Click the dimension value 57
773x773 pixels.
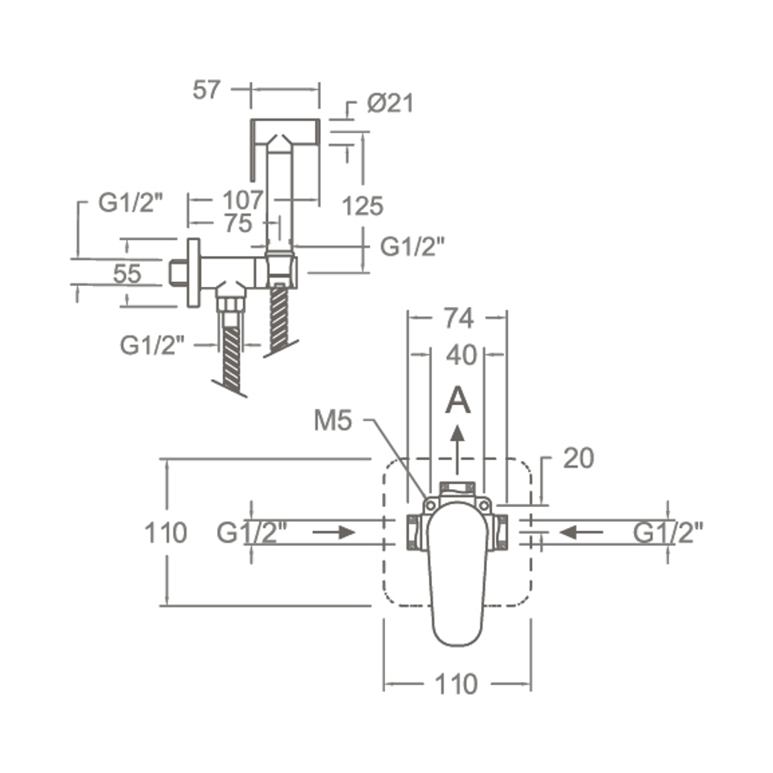tap(206, 90)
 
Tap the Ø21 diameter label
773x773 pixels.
tap(390, 104)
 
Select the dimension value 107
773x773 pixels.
tap(243, 200)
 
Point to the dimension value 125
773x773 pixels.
tap(363, 206)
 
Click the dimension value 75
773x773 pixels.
tap(239, 224)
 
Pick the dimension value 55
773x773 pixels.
tap(128, 274)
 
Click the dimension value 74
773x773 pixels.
tap(458, 318)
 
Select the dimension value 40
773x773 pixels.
tap(461, 355)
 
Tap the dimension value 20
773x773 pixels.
tap(579, 458)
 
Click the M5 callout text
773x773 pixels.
tap(333, 421)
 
